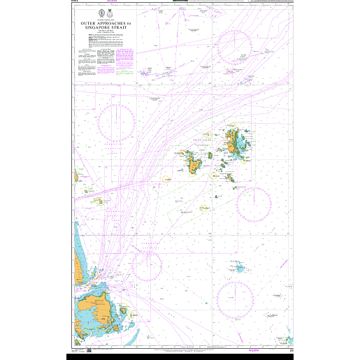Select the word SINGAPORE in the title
[x=99, y=27]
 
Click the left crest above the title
[x=99, y=13]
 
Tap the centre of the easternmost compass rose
[x=253, y=202]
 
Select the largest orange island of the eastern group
[x=231, y=143]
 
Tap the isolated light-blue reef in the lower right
[x=240, y=268]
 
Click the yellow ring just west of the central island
[x=166, y=178]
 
